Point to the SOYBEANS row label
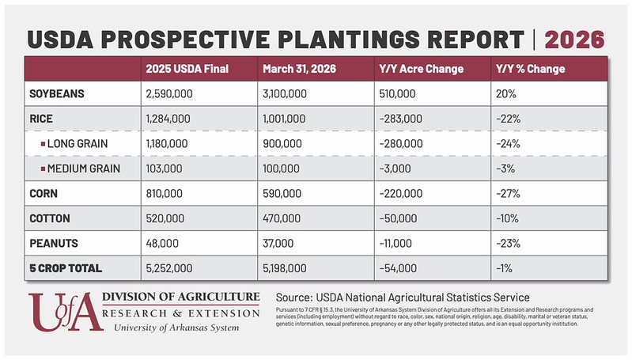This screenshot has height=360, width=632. [56, 94]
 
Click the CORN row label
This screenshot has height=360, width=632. [45, 194]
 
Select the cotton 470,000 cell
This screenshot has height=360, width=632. [282, 218]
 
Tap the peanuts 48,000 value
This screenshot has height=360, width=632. [163, 244]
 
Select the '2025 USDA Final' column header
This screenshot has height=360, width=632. [187, 69]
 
